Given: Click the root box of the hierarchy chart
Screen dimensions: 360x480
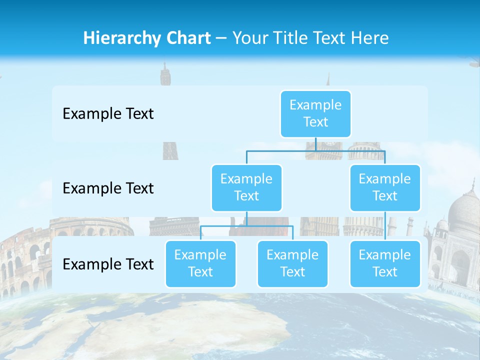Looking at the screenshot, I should click(315, 113).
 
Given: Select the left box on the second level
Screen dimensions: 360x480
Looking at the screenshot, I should click(246, 187).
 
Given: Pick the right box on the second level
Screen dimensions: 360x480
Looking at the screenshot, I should click(385, 187).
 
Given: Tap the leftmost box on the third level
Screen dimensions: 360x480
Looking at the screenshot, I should click(200, 263).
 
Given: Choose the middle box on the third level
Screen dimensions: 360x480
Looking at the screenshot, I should click(292, 263).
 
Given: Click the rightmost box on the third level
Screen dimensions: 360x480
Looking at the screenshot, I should click(385, 263).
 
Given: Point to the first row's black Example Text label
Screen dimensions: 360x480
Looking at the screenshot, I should click(108, 113).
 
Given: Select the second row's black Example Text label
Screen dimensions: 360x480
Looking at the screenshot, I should click(108, 188).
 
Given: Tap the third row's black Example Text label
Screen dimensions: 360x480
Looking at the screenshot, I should click(108, 264).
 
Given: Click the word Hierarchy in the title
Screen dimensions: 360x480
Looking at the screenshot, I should click(120, 38).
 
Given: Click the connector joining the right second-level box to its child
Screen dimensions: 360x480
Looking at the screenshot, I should click(385, 226).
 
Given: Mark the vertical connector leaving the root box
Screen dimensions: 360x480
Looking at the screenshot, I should click(315, 144).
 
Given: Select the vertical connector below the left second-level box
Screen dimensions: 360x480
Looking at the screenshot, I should click(246, 218).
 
